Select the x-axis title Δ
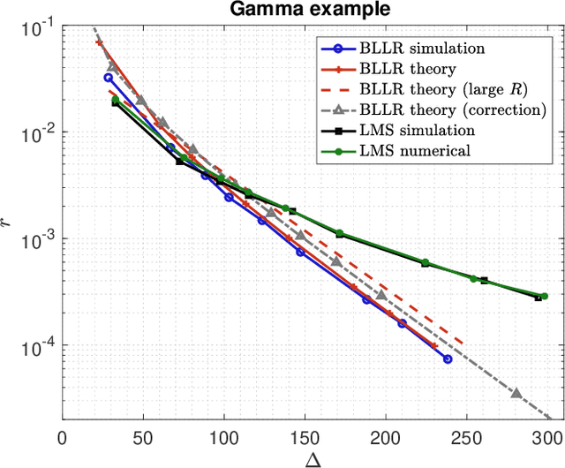(x=304, y=457)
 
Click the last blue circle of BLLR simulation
(x=447, y=359)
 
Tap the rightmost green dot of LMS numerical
(x=544, y=297)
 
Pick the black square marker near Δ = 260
(x=484, y=281)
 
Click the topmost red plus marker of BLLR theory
(x=99, y=42)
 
